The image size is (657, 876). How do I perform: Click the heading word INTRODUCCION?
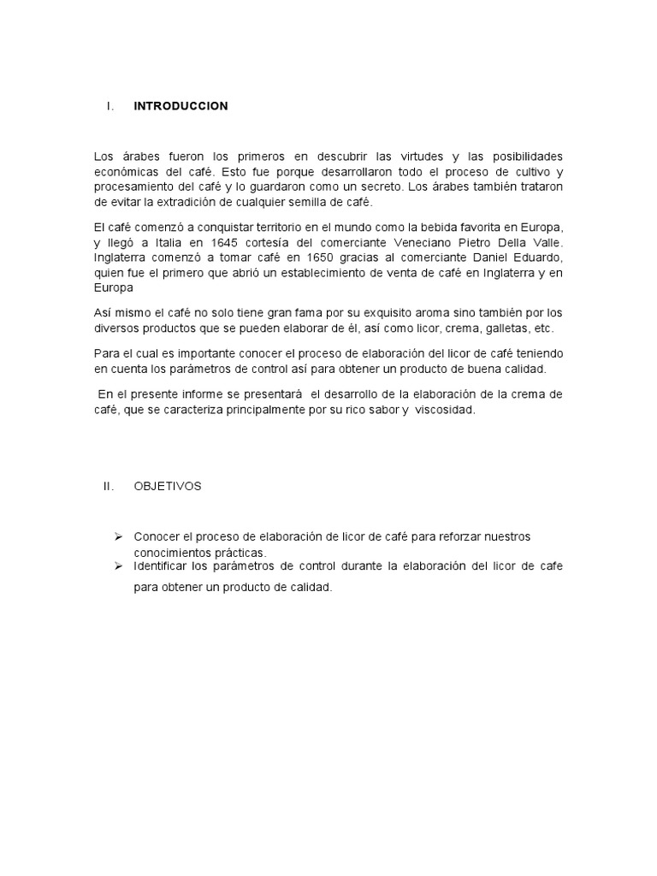(x=181, y=106)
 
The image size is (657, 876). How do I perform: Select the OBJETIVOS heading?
(x=168, y=486)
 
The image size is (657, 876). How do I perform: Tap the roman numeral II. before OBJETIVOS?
(x=109, y=486)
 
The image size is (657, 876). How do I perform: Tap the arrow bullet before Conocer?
(x=119, y=536)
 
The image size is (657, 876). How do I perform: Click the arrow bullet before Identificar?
(x=119, y=565)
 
